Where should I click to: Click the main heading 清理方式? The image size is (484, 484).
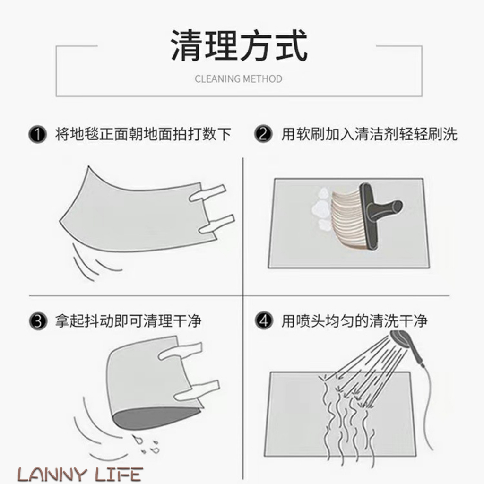pyautogui.click(x=239, y=45)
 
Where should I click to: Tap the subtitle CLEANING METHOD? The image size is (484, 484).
pyautogui.click(x=239, y=79)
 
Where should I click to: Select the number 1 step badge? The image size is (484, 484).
pyautogui.click(x=37, y=134)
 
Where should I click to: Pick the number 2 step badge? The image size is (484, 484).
pyautogui.click(x=263, y=134)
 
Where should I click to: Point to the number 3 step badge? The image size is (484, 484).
pyautogui.click(x=38, y=321)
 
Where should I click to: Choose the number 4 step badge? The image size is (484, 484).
pyautogui.click(x=264, y=321)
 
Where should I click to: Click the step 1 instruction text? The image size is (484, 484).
pyautogui.click(x=143, y=134)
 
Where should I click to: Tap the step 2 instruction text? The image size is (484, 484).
pyautogui.click(x=369, y=134)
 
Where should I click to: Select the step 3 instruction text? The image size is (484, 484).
pyautogui.click(x=129, y=321)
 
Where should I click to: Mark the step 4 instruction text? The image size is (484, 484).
pyautogui.click(x=354, y=321)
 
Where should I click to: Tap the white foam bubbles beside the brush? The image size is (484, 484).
pyautogui.click(x=321, y=210)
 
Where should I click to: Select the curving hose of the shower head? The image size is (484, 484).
pyautogui.click(x=427, y=407)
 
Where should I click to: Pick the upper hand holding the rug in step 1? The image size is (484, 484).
pyautogui.click(x=207, y=193)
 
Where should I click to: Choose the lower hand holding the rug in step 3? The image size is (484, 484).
pyautogui.click(x=197, y=390)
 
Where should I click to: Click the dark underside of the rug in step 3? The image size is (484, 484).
pyautogui.click(x=155, y=417)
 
